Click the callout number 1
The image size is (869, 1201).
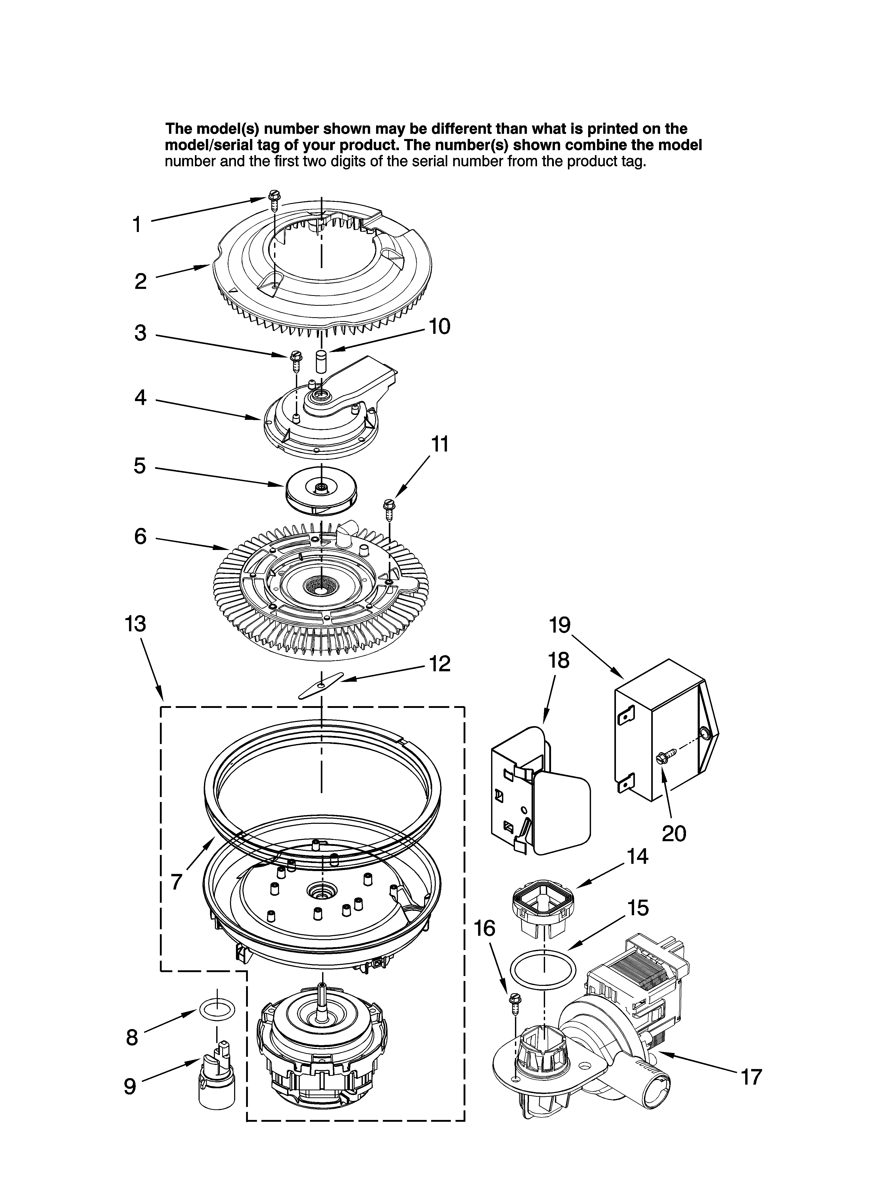[137, 224]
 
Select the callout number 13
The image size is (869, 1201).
[135, 624]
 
